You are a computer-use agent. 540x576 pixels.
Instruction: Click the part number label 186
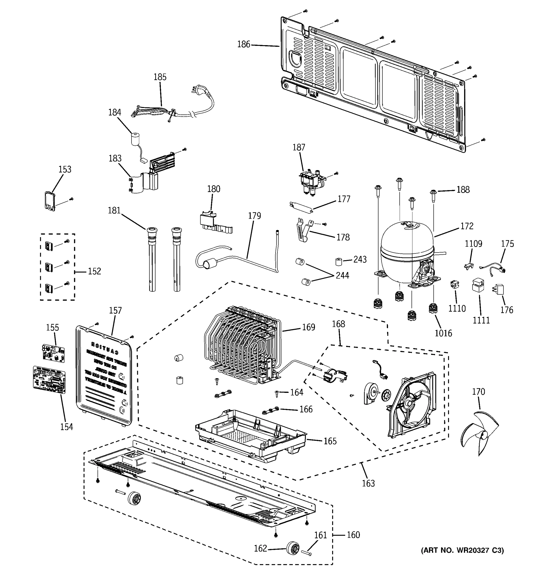click(243, 44)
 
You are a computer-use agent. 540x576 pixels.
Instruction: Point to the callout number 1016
click(443, 333)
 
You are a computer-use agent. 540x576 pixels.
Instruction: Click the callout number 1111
click(481, 320)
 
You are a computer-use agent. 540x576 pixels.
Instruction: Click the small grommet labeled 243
click(338, 261)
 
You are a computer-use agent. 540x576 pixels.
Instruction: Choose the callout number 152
click(95, 271)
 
